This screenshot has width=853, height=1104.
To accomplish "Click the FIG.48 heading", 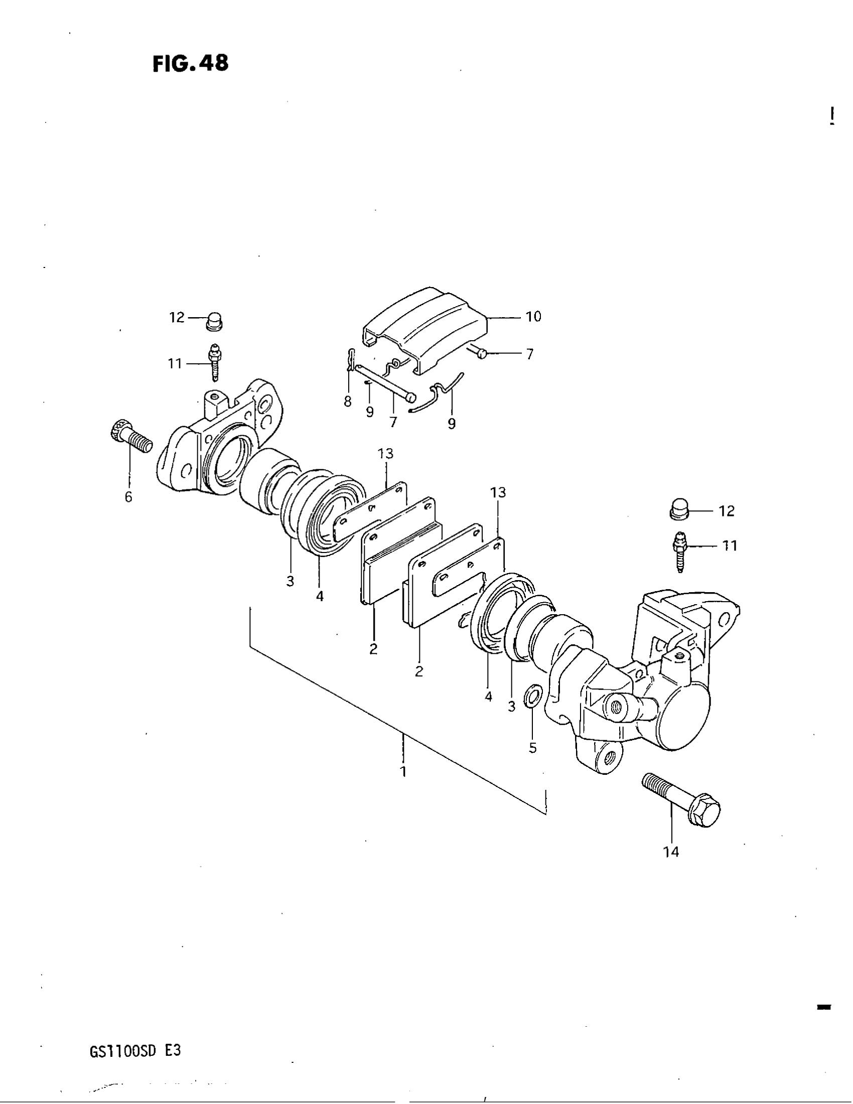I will [191, 64].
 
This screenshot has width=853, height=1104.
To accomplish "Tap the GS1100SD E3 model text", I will [135, 1051].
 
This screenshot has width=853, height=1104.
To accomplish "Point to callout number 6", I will [128, 497].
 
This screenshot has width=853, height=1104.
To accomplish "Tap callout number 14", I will [671, 852].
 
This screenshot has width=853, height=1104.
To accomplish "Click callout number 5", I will [532, 748].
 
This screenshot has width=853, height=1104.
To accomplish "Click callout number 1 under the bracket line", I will [403, 771].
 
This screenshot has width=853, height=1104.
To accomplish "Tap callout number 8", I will [348, 402].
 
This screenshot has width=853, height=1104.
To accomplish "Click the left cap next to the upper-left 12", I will [215, 321].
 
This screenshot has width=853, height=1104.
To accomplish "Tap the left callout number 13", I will [385, 454].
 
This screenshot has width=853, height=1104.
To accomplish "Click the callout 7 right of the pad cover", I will [529, 355].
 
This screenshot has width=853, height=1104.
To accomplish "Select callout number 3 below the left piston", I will [290, 581].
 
